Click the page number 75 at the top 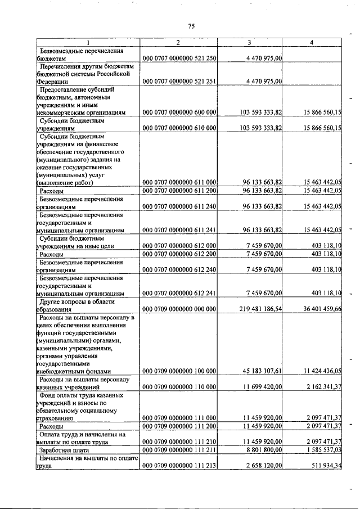point(191,26)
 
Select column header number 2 point(178,43)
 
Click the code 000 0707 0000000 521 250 point(180,58)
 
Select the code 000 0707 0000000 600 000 point(180,112)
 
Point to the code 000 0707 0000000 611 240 point(180,207)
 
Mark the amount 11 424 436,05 point(318,371)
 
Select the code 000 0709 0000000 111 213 point(180,465)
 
